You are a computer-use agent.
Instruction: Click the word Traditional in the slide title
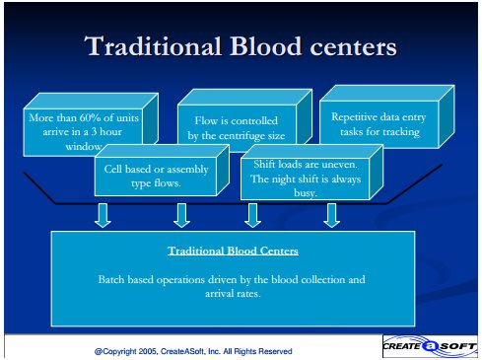click(153, 46)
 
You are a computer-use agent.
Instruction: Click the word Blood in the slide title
click(265, 46)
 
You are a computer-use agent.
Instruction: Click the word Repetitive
click(354, 117)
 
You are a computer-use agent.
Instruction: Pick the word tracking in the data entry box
click(401, 132)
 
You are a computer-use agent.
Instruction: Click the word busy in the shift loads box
click(306, 192)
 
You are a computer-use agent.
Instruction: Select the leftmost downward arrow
click(103, 215)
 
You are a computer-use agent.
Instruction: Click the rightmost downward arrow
click(331, 215)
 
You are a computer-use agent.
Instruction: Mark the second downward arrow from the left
click(181, 215)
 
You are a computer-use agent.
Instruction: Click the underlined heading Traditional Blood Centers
click(233, 251)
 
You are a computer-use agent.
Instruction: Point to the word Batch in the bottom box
click(111, 279)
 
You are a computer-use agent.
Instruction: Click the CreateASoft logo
click(430, 346)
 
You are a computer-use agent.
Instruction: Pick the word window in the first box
click(84, 147)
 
